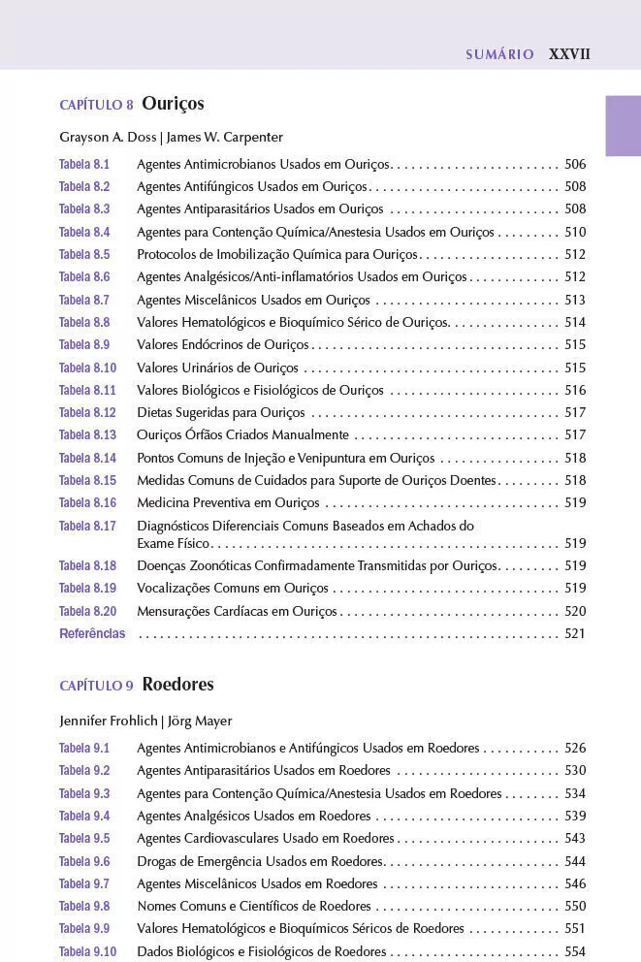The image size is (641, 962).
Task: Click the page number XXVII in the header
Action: point(569,54)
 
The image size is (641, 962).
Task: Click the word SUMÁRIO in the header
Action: point(499,55)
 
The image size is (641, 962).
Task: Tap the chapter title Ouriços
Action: point(173,104)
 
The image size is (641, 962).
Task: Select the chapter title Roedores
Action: point(177,685)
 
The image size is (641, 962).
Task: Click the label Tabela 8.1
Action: point(84,164)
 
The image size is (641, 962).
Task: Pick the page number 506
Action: point(575,164)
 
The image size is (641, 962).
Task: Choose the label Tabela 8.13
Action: point(87,435)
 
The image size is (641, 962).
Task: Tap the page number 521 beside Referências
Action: point(575,634)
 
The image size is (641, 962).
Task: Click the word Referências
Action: point(92,634)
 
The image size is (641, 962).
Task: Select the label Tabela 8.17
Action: point(87,527)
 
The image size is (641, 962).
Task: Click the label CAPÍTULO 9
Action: point(97,686)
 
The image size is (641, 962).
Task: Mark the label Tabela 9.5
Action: point(84,839)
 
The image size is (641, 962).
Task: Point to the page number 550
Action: point(575,907)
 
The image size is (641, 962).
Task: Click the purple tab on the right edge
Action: point(623,125)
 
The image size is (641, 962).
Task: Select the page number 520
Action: point(575,612)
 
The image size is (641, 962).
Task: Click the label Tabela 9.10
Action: point(87,952)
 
